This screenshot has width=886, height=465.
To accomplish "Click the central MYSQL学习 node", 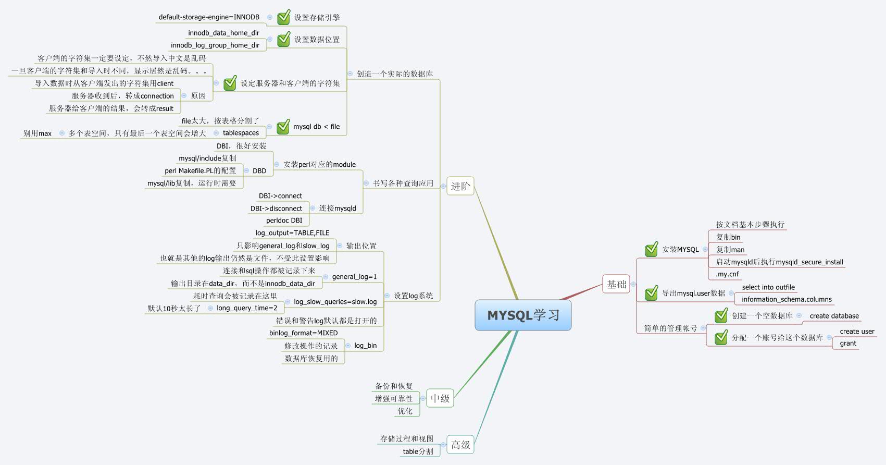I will click(523, 315).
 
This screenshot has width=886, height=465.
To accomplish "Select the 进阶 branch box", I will click(460, 186).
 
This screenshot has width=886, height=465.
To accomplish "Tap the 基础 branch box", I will click(616, 284).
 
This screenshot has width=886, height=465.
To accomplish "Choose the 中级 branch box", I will click(440, 398).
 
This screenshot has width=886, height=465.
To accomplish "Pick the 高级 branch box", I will click(460, 445).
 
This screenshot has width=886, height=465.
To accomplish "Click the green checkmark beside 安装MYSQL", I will click(651, 249).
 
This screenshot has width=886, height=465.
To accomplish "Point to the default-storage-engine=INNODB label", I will click(209, 17).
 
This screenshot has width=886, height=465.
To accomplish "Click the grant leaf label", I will click(847, 343).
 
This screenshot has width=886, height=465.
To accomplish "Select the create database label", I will click(834, 316).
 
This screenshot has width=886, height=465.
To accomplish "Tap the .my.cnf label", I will click(727, 274).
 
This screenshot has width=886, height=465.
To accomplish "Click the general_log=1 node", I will click(354, 277).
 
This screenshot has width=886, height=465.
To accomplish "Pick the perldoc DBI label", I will click(284, 221).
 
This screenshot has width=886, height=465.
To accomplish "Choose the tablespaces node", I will click(241, 133).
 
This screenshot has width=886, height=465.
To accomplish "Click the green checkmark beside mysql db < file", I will click(283, 126).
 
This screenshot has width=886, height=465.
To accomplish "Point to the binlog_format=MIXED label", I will click(303, 333).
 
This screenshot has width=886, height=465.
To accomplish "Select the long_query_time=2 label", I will click(247, 308).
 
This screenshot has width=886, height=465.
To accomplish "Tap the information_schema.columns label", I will click(787, 299).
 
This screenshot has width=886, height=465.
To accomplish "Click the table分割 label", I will click(418, 451).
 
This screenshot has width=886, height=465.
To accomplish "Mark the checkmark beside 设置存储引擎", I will click(284, 17).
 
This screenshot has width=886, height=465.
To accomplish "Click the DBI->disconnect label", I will click(276, 209).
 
